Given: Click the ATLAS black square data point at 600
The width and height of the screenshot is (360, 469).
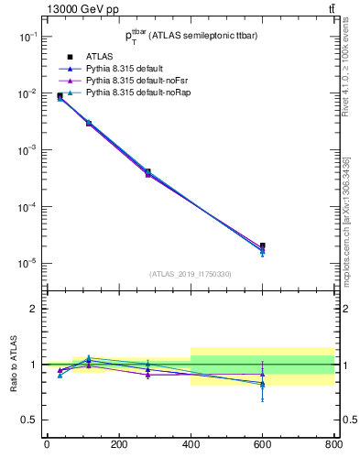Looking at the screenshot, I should [263, 245].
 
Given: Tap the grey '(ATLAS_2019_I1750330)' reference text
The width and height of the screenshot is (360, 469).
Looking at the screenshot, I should [191, 274].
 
